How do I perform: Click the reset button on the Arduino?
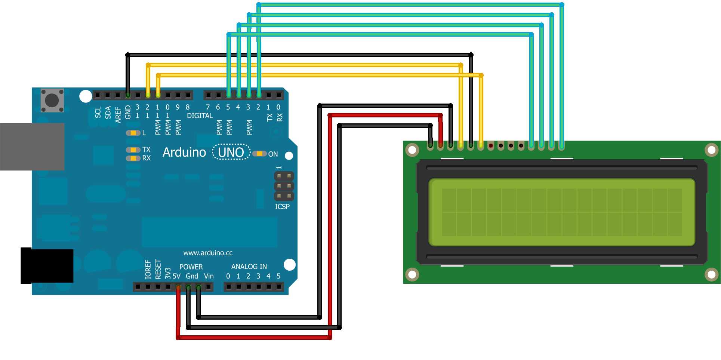tap(52, 100)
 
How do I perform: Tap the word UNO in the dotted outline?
tap(231, 153)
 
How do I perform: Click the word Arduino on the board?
tap(184, 153)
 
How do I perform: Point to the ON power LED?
tap(259, 154)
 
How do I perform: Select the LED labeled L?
tap(133, 133)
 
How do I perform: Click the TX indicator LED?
tap(133, 150)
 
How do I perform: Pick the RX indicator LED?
tap(133, 158)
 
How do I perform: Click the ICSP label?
tap(282, 207)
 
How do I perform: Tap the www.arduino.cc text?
tap(208, 253)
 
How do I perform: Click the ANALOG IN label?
tap(249, 267)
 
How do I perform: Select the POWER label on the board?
tap(191, 267)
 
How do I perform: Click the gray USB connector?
tap(32, 147)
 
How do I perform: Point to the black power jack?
tap(47, 265)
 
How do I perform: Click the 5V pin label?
tap(176, 276)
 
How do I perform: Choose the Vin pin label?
tap(209, 276)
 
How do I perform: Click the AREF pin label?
tap(118, 115)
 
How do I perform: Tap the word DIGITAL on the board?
tap(200, 116)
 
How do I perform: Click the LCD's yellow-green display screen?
tap(561, 212)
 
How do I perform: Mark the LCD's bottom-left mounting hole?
tap(412, 274)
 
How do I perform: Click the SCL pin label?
tap(98, 112)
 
